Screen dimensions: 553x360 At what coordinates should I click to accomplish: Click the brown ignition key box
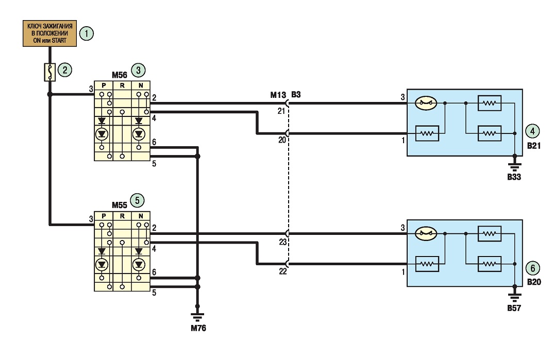coord(49,33)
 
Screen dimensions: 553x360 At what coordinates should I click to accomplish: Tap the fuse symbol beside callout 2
coord(49,72)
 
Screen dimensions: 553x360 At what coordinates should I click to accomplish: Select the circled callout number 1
coord(87,33)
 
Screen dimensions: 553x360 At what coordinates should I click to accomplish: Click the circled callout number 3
coord(138,70)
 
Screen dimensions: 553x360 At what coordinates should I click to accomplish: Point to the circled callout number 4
coord(532,131)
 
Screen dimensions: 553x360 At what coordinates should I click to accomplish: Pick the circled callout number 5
coord(137,201)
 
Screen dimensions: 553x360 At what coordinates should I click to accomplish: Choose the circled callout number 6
coord(532,268)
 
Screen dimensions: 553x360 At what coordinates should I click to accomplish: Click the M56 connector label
coord(119,75)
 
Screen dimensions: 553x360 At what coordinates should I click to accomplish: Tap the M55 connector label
coord(119,205)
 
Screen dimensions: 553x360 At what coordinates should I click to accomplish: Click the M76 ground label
coord(198,328)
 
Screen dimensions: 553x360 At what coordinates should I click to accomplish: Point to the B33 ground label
coord(514,177)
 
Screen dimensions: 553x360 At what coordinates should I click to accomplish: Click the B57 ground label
coord(514,308)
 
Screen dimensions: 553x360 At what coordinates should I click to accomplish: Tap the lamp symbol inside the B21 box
coord(426,104)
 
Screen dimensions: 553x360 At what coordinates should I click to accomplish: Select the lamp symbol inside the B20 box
coord(426,233)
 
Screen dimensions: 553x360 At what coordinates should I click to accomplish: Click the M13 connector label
coord(278,95)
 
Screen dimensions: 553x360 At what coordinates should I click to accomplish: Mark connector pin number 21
coord(281,111)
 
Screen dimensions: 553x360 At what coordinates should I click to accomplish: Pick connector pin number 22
coord(283,271)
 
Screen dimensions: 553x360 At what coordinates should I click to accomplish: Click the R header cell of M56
coord(122,85)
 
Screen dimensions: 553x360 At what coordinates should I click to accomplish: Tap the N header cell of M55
coord(141,216)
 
